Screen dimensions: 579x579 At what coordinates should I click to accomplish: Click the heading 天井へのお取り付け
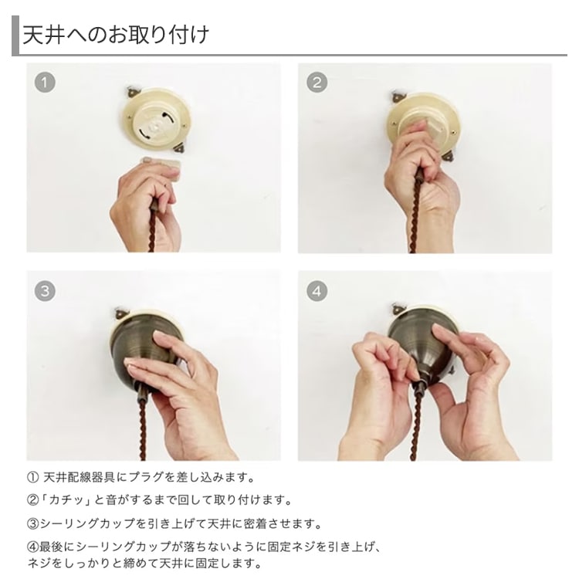click(x=116, y=35)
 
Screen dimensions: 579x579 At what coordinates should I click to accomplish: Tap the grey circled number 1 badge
click(x=45, y=83)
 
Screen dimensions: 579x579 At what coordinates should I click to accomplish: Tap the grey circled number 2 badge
click(x=317, y=83)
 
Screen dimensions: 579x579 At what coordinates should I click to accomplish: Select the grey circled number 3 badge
click(x=45, y=291)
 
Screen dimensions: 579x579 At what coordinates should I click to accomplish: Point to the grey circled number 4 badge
click(x=317, y=291)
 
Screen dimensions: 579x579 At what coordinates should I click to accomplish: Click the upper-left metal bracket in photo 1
click(x=134, y=91)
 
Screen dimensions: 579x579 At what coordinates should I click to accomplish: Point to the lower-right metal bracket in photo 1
click(x=181, y=147)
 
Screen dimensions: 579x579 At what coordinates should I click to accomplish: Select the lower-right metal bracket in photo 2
click(x=449, y=155)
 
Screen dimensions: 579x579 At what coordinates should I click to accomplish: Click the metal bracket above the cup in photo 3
click(x=122, y=313)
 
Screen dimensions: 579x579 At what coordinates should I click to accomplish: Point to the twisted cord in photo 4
click(x=417, y=425)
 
